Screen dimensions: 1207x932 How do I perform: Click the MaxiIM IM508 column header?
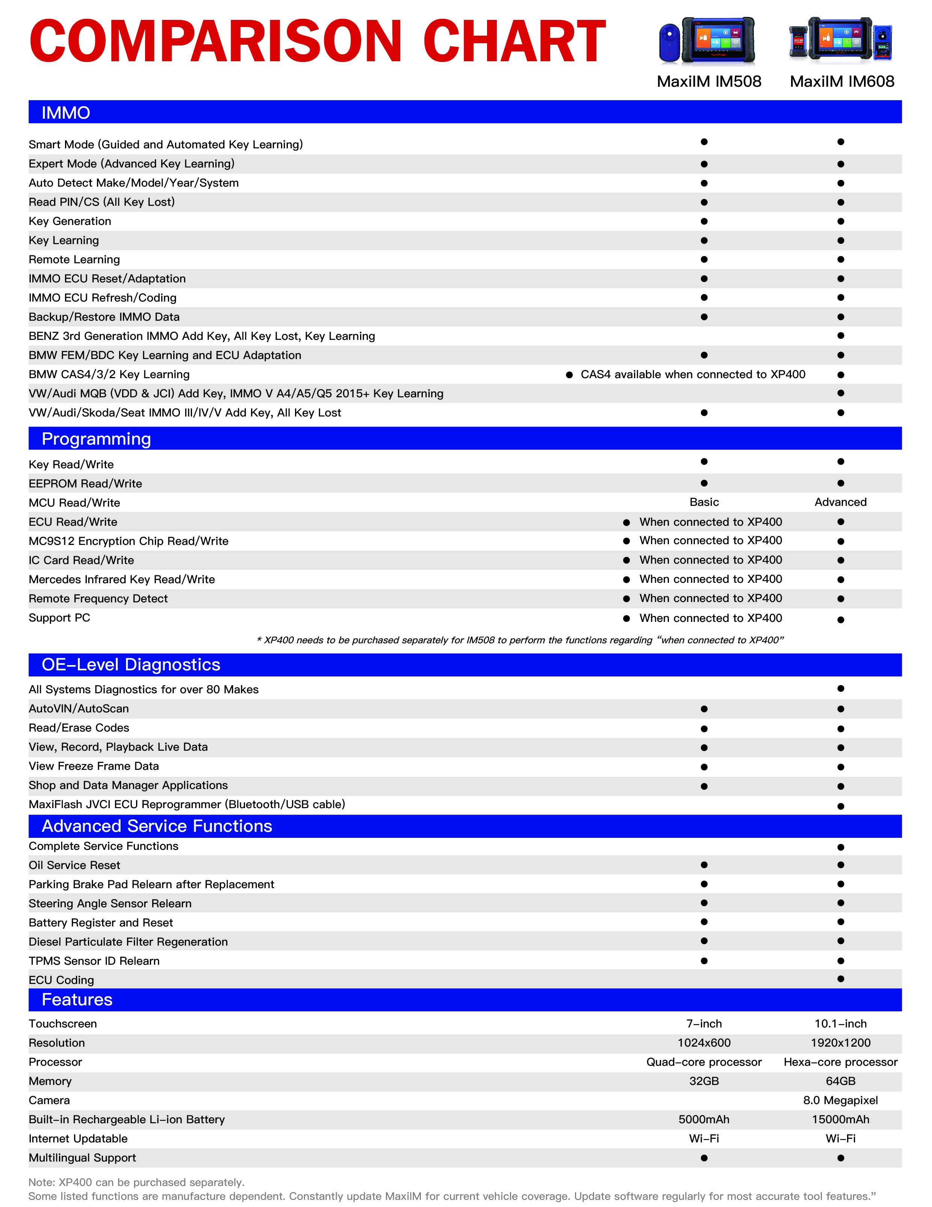point(708,82)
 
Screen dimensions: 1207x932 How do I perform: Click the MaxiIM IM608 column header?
point(841,82)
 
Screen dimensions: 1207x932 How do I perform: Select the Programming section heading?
point(96,439)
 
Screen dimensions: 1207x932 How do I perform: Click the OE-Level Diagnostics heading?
point(131,664)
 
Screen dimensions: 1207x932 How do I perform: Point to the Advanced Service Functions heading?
point(157,826)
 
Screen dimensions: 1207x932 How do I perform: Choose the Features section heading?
point(77,999)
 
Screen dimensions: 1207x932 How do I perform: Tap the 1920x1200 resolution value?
point(840,1043)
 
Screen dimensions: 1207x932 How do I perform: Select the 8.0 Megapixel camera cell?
point(840,1100)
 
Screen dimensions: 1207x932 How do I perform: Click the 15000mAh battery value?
point(840,1119)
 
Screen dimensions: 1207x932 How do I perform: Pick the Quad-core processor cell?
point(704,1062)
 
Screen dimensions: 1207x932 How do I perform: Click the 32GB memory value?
point(704,1081)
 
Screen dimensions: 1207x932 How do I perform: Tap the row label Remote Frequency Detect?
point(98,599)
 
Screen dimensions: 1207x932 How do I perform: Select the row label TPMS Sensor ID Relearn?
point(94,961)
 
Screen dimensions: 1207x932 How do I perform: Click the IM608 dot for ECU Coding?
point(840,979)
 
